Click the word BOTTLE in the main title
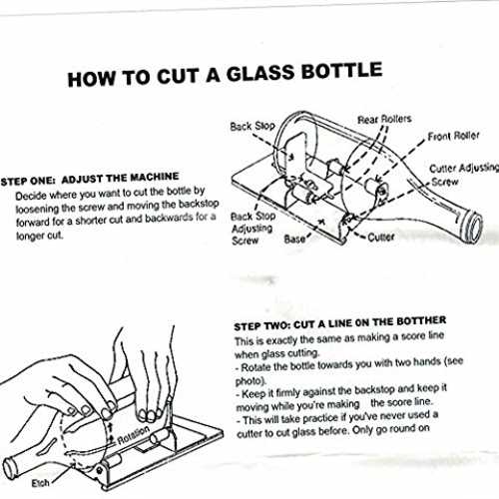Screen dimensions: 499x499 tap(341, 71)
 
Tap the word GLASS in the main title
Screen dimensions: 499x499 tap(260, 74)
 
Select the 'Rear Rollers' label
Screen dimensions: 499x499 tap(384, 119)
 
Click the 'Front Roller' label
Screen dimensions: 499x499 tap(453, 136)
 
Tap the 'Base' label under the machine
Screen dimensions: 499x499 tap(294, 239)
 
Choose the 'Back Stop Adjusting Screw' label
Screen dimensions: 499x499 tap(253, 229)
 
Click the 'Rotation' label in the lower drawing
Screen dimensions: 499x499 tap(134, 435)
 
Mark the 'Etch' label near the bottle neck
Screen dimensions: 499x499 tap(40, 483)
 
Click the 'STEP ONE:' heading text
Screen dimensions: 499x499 tap(28, 182)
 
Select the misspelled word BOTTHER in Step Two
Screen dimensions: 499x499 tap(421, 321)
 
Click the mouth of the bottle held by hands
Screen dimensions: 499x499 tap(9, 468)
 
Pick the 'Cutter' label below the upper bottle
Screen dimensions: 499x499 tap(381, 238)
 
